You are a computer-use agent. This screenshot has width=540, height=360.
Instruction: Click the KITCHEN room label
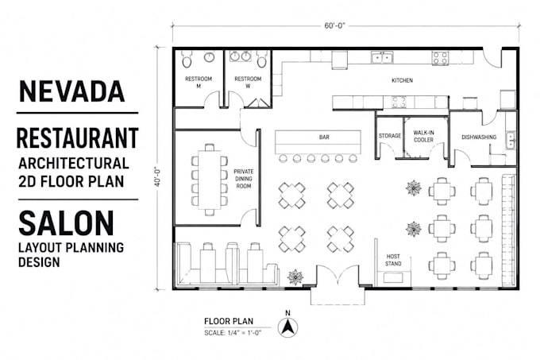(x=402, y=80)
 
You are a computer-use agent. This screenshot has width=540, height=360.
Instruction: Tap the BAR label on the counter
(x=324, y=137)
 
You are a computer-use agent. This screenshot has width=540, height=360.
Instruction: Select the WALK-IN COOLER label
(x=423, y=136)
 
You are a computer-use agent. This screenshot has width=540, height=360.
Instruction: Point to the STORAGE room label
(x=390, y=136)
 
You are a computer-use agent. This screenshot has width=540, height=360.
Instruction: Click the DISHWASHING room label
(x=479, y=137)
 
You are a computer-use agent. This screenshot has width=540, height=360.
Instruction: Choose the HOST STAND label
(x=393, y=260)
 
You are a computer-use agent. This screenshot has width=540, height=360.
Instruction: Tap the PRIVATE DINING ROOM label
(x=244, y=179)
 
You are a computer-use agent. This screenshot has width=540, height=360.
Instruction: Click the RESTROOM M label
(x=199, y=83)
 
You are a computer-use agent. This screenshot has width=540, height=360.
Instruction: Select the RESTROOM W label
(x=248, y=83)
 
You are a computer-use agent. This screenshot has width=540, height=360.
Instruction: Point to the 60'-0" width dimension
(x=334, y=26)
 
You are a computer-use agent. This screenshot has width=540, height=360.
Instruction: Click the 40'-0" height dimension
(x=157, y=176)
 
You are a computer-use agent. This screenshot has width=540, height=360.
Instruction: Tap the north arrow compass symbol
(x=288, y=327)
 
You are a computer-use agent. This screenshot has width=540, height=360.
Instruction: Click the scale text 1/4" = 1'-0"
(x=244, y=333)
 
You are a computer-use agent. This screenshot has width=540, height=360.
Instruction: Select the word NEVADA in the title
(x=72, y=91)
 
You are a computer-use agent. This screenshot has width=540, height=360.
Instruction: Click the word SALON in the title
(x=66, y=223)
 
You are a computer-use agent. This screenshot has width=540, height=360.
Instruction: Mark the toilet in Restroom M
(x=187, y=60)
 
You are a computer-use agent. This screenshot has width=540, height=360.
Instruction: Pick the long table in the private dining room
(x=209, y=180)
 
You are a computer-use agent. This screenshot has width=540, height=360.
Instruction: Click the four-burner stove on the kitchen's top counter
(x=441, y=58)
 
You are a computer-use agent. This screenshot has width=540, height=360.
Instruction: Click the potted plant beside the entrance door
(x=295, y=277)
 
